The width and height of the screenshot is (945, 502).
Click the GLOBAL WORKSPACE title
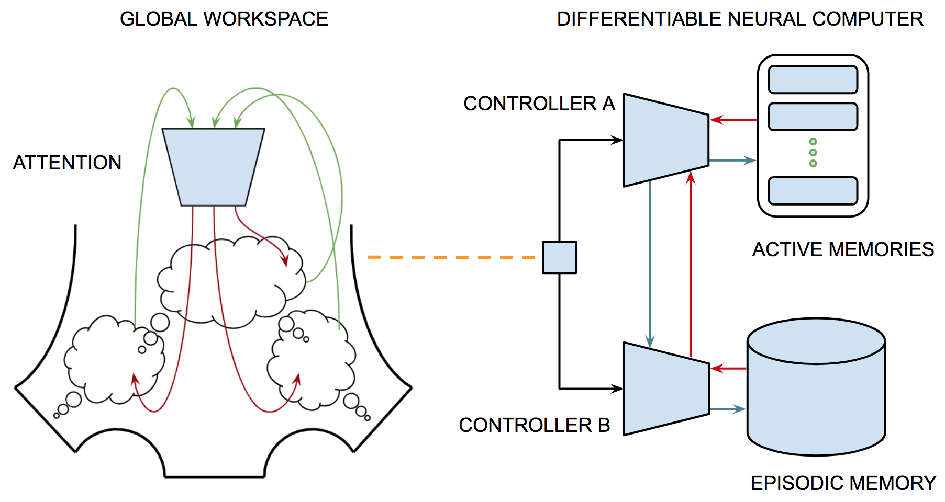coord(224,19)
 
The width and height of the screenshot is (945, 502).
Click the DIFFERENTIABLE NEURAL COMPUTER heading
coord(739,19)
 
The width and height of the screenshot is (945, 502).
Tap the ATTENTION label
coord(67,163)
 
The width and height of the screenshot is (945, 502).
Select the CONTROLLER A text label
coord(539,104)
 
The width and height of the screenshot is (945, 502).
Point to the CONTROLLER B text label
coord(534,425)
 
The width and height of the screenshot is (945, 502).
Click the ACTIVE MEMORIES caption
coord(843,249)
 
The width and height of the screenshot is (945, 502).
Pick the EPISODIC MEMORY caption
coord(843,483)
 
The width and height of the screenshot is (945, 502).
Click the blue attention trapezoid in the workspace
coord(213,166)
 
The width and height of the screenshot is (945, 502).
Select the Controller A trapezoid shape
coord(665,140)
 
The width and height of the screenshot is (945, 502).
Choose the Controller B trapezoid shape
coord(665,389)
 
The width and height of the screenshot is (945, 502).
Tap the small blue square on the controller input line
coord(559,257)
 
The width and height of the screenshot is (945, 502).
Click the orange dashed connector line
coord(450,257)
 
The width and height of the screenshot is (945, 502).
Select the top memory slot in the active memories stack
coord(813,79)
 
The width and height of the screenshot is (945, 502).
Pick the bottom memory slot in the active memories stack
coord(813,191)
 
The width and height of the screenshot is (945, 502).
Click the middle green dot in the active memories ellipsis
coord(813,153)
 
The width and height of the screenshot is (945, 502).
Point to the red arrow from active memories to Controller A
coord(733,120)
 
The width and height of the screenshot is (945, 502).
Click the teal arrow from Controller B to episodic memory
coord(728,409)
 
